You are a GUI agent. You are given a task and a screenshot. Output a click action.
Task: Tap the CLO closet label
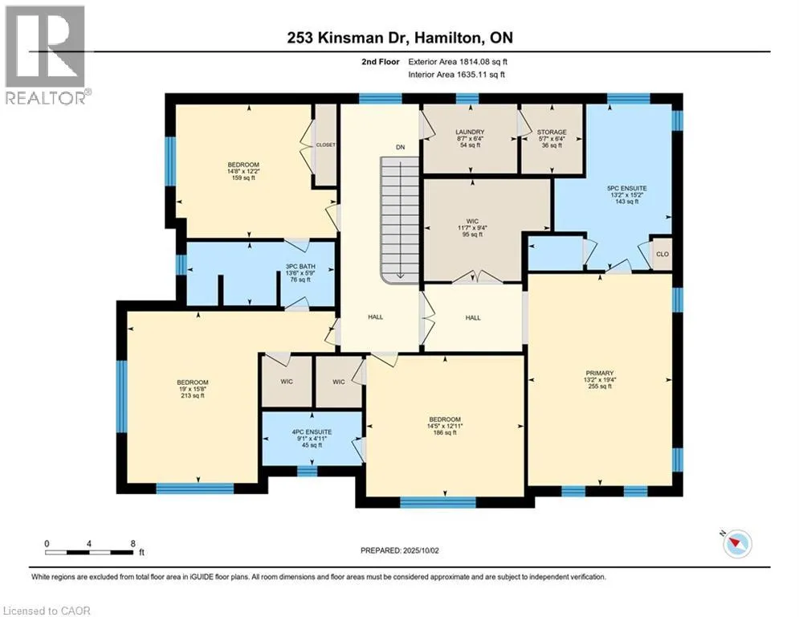pyautogui.click(x=662, y=254)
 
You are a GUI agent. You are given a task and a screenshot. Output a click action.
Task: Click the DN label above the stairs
pyautogui.click(x=401, y=147)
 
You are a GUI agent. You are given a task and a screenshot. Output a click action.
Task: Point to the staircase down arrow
pyautogui.click(x=401, y=219)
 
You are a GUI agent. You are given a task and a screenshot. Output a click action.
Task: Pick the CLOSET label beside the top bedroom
pyautogui.click(x=325, y=145)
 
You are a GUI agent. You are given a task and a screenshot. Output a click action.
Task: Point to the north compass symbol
pyautogui.click(x=737, y=543)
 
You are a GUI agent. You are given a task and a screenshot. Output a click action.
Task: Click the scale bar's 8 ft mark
pyautogui.click(x=133, y=544)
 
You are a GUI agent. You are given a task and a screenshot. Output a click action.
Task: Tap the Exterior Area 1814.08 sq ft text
pyautogui.click(x=458, y=62)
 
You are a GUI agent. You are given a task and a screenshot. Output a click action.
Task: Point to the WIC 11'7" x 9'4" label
pyautogui.click(x=472, y=228)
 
